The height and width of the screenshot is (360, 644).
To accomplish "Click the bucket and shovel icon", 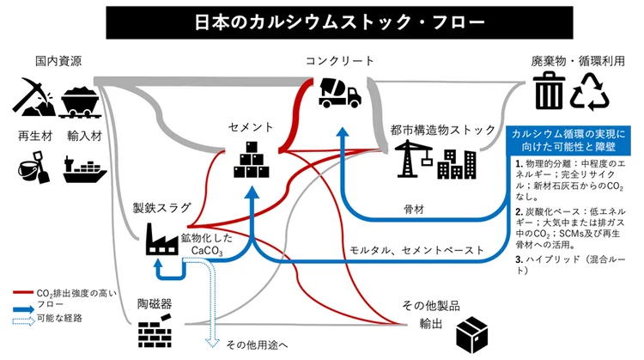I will tap(33, 166).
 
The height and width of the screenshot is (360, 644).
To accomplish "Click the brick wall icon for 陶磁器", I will tap(155, 331).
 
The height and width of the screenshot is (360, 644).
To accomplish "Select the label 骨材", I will tap(415, 208).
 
